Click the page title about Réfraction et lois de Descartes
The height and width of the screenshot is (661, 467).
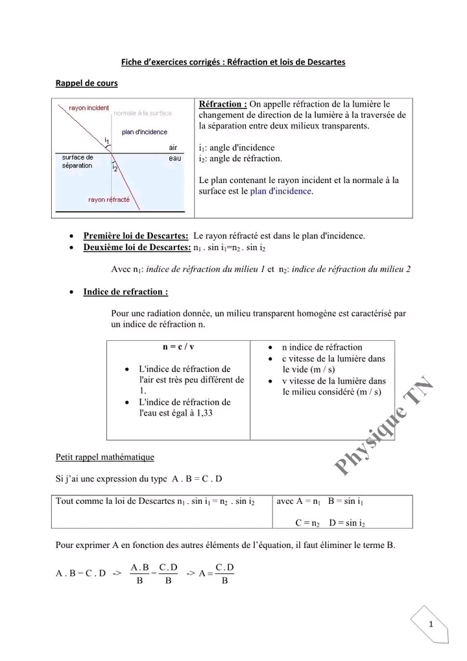point(233,62)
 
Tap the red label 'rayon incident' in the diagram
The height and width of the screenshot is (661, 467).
point(90,108)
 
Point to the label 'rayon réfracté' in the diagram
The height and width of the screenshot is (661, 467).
point(108,199)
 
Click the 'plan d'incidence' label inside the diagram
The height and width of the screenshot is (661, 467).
point(144,132)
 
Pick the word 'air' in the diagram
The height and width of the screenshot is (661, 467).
point(173,147)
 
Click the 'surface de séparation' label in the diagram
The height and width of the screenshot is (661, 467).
point(77,162)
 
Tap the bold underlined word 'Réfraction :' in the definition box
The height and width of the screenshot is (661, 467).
point(222,104)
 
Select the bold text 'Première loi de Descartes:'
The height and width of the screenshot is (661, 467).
point(136,235)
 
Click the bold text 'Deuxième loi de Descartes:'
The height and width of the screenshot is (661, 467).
point(137,247)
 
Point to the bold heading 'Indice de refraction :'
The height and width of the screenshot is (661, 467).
point(126,292)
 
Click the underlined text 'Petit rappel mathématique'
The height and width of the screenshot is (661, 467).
point(105,457)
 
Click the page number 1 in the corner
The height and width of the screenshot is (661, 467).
point(431,625)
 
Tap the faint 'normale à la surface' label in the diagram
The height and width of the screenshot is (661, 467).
point(143,114)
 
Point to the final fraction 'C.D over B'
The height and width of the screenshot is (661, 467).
point(224,574)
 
